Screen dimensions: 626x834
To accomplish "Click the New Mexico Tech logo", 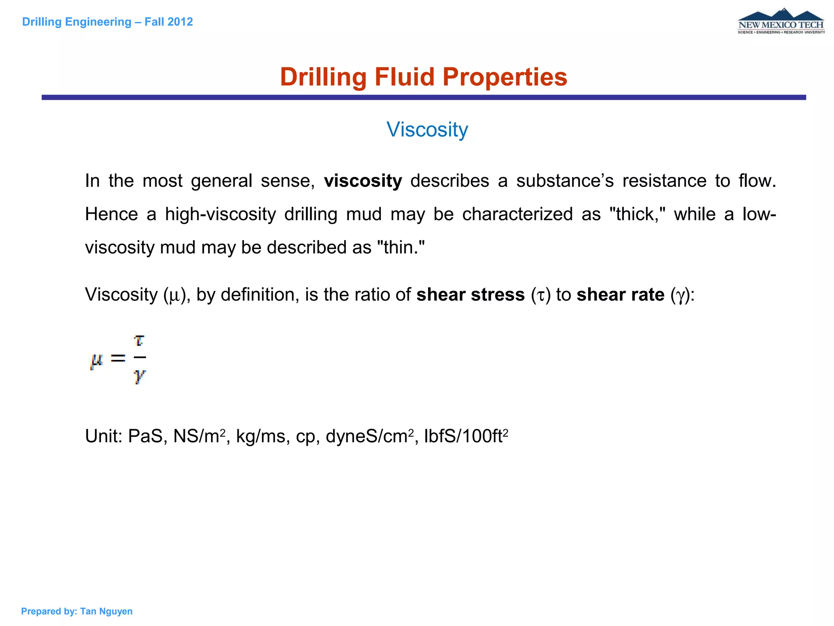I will click(x=781, y=22).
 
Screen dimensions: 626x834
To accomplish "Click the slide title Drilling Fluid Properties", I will click(x=424, y=77).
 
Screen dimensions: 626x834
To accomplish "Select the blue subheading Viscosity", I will click(x=427, y=130).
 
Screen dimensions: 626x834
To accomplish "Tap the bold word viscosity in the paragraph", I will click(x=363, y=181).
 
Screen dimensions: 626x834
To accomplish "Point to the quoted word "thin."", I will click(x=401, y=247).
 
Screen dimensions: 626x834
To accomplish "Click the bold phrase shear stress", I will click(x=470, y=295).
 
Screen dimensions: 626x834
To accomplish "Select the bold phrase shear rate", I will click(x=620, y=295).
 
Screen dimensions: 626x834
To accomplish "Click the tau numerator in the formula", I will click(x=139, y=340).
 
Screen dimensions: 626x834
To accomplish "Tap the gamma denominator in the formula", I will click(x=139, y=377).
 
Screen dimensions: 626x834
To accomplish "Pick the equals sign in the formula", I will click(x=118, y=358).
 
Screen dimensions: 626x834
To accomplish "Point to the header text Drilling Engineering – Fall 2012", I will click(x=108, y=22).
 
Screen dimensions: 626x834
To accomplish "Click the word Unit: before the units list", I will click(x=104, y=436).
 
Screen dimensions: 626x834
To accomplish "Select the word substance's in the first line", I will click(x=565, y=181).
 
